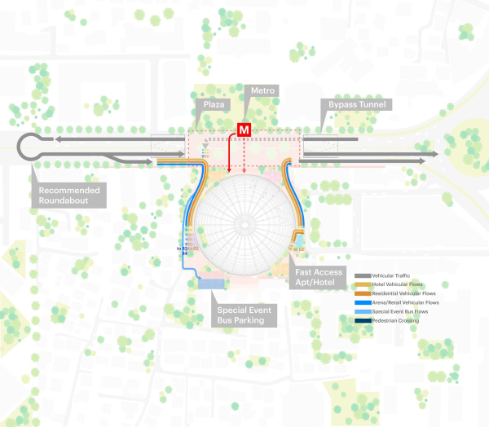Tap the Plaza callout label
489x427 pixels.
pos(215,105)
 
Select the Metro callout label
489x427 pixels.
pos(264,90)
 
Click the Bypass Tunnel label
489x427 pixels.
pos(358,105)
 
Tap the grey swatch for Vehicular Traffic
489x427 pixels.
pos(362,277)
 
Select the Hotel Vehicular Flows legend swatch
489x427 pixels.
pos(362,286)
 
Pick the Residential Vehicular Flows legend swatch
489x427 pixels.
pos(362,295)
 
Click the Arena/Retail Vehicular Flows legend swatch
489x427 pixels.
pos(362,303)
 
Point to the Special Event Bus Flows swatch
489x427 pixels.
pos(362,312)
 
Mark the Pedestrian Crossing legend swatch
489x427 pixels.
pos(362,320)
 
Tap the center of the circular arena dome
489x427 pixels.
pos(243,220)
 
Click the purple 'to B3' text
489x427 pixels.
pos(183,247)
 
